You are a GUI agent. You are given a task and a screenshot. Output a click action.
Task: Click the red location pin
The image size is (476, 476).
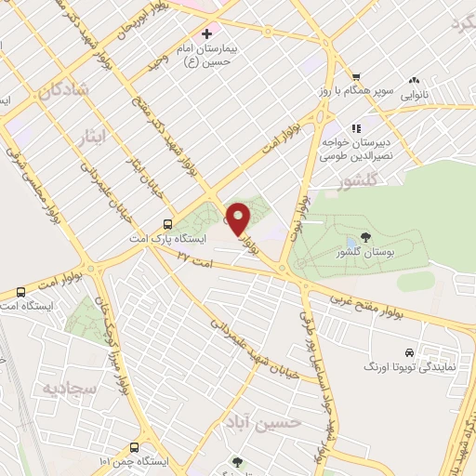click(x=239, y=218)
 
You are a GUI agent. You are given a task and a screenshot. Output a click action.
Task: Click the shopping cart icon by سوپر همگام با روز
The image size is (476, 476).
click(x=353, y=77)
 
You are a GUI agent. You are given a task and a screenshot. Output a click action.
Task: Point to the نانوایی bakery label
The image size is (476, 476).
click(x=414, y=95)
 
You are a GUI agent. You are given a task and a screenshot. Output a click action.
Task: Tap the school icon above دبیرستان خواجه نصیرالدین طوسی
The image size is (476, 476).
click(x=354, y=128)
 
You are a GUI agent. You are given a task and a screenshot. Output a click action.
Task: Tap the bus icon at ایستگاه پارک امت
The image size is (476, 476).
click(x=166, y=223)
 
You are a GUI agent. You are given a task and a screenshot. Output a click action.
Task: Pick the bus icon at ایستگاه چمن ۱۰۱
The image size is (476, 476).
click(x=135, y=446)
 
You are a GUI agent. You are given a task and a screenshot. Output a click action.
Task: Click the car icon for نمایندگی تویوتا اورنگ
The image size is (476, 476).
click(x=409, y=352)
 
